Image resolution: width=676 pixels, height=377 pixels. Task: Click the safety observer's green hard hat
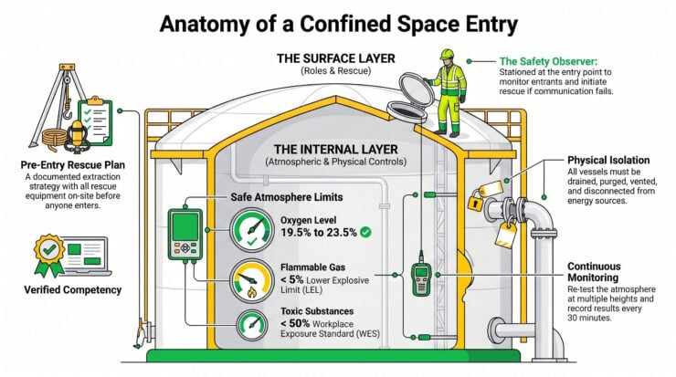447,54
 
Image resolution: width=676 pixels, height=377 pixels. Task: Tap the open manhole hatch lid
416,90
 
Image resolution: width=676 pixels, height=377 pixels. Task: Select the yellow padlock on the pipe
476,202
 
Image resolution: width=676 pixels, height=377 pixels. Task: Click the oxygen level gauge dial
252,230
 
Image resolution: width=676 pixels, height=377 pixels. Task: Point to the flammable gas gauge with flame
252,281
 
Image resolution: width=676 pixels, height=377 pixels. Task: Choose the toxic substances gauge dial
252,325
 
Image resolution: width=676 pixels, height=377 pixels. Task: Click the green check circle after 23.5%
365,233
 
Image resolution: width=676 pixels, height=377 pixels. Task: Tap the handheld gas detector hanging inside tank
421,278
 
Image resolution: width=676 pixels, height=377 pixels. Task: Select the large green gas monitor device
185,235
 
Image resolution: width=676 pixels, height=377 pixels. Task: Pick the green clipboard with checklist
95,121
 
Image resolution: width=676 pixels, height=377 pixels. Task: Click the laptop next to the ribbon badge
86,256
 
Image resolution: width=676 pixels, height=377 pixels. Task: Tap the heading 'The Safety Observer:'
548,61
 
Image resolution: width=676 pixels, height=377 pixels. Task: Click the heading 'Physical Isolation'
608,161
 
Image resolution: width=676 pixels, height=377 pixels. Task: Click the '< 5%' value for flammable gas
292,279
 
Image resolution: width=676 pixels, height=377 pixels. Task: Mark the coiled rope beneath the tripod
55,139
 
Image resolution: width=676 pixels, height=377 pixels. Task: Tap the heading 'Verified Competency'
73,290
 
